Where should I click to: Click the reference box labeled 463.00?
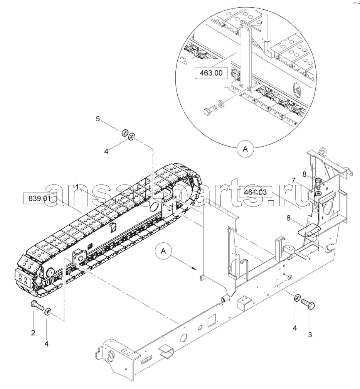click(x=211, y=73)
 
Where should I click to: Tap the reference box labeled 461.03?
click(x=256, y=192)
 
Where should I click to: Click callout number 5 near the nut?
click(x=98, y=119)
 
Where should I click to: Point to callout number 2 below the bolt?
click(x=33, y=333)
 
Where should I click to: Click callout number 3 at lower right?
click(x=310, y=335)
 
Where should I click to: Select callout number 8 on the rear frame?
click(x=304, y=174)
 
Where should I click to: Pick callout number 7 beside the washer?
click(x=293, y=181)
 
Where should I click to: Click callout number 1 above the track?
click(x=77, y=186)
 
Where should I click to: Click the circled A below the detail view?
click(x=245, y=149)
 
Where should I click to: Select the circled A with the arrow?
click(x=163, y=251)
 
